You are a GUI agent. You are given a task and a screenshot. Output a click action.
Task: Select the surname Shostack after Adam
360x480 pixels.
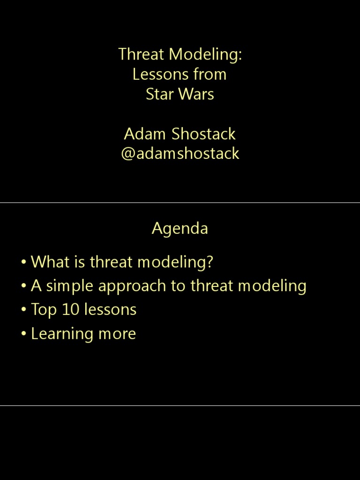(203, 134)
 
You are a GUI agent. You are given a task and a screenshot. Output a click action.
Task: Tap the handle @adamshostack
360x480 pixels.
(180, 154)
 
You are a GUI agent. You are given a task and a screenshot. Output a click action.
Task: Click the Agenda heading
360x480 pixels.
(180, 229)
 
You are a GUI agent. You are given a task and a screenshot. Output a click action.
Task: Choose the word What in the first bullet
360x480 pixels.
(50, 262)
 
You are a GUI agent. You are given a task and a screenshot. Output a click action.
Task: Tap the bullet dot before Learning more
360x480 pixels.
(23, 334)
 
